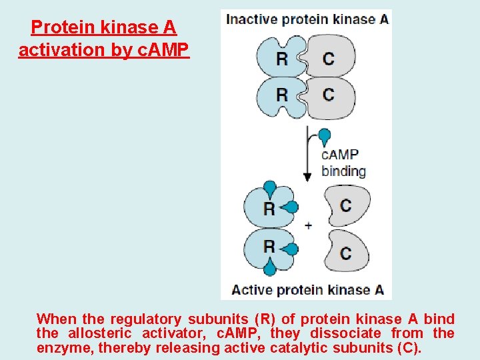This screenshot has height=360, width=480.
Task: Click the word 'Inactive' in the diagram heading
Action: tap(251, 19)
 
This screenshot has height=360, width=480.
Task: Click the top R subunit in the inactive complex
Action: tap(281, 58)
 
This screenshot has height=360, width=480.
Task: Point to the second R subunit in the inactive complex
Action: tap(281, 94)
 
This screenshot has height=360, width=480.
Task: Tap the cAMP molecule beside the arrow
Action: tap(325, 137)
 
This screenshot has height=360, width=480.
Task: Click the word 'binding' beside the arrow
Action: tap(343, 171)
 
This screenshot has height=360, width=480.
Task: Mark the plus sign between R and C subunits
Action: tap(308, 225)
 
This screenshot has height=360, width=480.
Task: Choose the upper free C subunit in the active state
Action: tap(346, 205)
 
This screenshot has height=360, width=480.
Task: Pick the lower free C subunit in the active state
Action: tap(346, 252)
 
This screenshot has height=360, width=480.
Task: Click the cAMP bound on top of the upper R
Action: tap(270, 187)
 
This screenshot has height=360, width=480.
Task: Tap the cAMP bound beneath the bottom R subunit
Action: tap(269, 268)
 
